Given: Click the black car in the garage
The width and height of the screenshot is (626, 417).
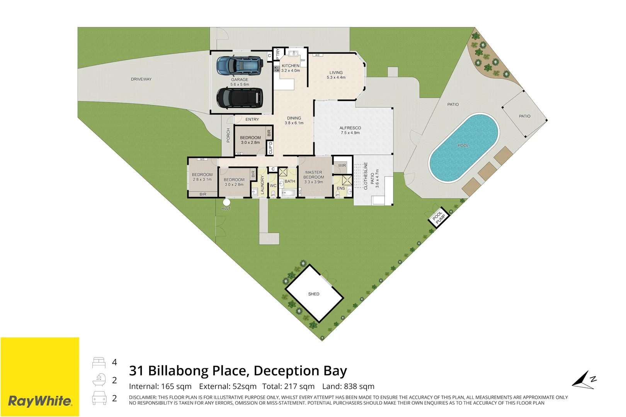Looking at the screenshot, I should click(x=240, y=98).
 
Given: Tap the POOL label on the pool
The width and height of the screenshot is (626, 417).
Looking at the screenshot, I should click(x=463, y=146).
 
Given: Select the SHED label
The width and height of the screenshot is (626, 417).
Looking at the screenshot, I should click(x=314, y=294).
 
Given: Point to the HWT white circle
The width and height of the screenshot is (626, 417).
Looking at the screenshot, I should click(x=226, y=202).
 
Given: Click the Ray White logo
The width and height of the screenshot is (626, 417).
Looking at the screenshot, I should click(x=40, y=401).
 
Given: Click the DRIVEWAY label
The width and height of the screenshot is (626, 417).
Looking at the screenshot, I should click(x=141, y=79).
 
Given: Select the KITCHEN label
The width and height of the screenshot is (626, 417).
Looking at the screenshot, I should click(x=291, y=66).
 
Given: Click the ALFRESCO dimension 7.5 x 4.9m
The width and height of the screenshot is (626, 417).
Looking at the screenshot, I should click(x=350, y=133).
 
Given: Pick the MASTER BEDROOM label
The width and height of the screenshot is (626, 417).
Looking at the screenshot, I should click(x=313, y=175).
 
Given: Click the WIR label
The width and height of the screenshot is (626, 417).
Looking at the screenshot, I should click(x=342, y=166).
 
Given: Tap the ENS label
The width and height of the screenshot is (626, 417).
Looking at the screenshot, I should click(x=341, y=188).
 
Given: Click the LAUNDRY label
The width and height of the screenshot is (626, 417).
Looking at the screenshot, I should click(x=262, y=185).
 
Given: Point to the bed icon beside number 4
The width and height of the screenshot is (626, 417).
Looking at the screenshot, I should click(x=99, y=363).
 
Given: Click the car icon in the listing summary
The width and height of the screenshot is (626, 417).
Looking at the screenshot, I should click(x=99, y=398).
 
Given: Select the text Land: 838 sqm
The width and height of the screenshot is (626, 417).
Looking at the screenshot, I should click(x=348, y=386).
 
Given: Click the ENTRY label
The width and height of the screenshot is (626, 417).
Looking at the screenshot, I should click(x=252, y=120).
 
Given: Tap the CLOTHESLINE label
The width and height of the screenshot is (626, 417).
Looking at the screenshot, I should click(x=366, y=176).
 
